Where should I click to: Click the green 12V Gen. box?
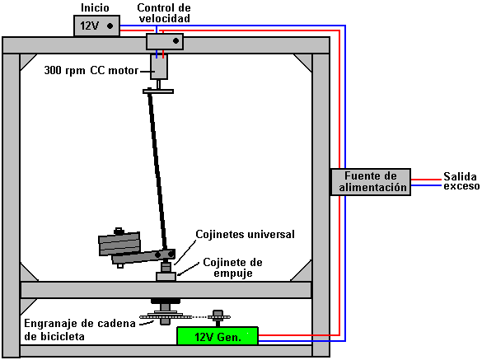pos(218,336)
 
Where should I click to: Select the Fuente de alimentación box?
pos(371,182)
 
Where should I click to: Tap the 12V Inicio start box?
pos(96,26)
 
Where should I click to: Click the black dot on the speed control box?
pos(175,41)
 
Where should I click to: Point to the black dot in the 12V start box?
pos(110,26)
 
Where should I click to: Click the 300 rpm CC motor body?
pos(159,67)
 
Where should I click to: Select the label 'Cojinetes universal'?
pos(245,234)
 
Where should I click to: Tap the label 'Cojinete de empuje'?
pos(232,268)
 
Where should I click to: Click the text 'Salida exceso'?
pos(461,181)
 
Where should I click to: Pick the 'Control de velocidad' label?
pos(164,13)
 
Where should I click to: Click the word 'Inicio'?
pos(95,8)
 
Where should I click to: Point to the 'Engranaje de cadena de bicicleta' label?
pos(80,330)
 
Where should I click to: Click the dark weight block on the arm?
pos(119,244)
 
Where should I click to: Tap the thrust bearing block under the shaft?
pos(166,276)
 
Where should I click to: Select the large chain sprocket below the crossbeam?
pos(166,316)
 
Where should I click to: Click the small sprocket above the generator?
pos(218,316)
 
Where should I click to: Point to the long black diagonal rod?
pos(157,171)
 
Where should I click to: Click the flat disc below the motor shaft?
pos(158,91)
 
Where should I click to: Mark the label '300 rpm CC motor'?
pos(91,70)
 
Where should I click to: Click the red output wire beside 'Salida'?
pos(426,180)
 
